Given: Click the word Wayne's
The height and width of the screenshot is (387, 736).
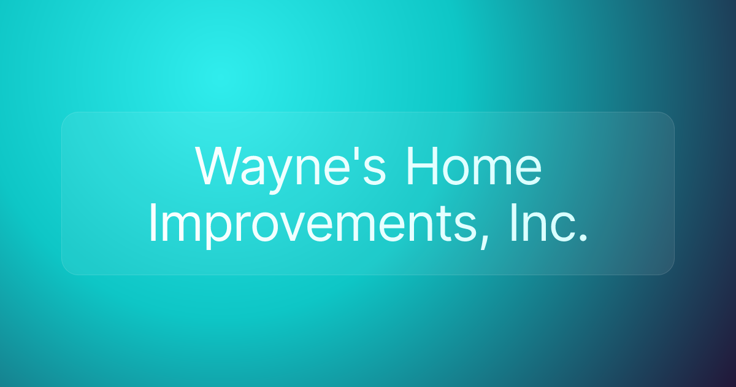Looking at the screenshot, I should (291, 167).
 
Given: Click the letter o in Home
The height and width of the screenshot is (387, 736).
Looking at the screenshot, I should (458, 171).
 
